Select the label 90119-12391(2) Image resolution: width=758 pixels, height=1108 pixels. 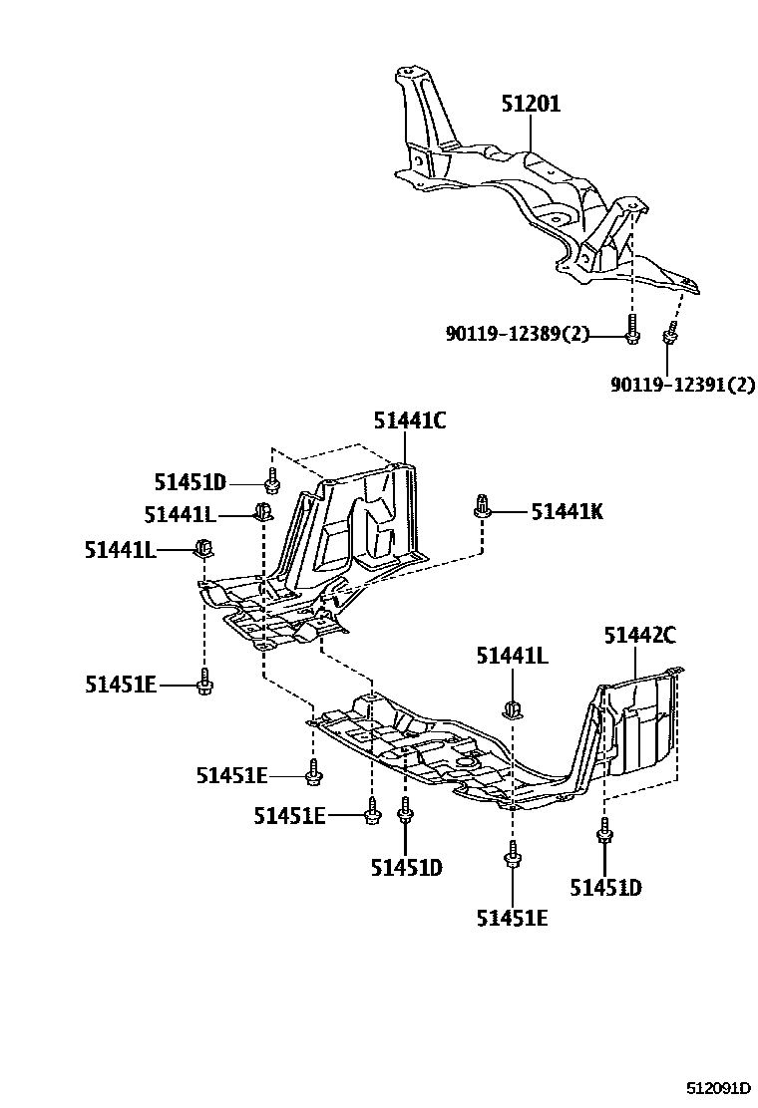(x=682, y=384)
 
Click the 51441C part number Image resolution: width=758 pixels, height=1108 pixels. (x=410, y=421)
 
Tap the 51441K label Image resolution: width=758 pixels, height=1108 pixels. (x=567, y=512)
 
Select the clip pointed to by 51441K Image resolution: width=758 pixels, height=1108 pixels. (x=483, y=505)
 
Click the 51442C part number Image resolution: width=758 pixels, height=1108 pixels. (x=640, y=634)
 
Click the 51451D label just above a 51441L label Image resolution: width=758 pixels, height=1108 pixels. (x=190, y=483)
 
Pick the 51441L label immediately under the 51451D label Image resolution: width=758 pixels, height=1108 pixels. (x=180, y=514)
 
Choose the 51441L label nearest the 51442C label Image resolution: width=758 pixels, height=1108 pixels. (x=512, y=656)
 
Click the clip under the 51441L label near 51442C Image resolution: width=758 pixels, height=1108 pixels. (x=513, y=709)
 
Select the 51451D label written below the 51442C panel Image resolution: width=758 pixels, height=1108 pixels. (x=605, y=887)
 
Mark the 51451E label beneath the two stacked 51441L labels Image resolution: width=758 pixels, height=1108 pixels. (x=121, y=685)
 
